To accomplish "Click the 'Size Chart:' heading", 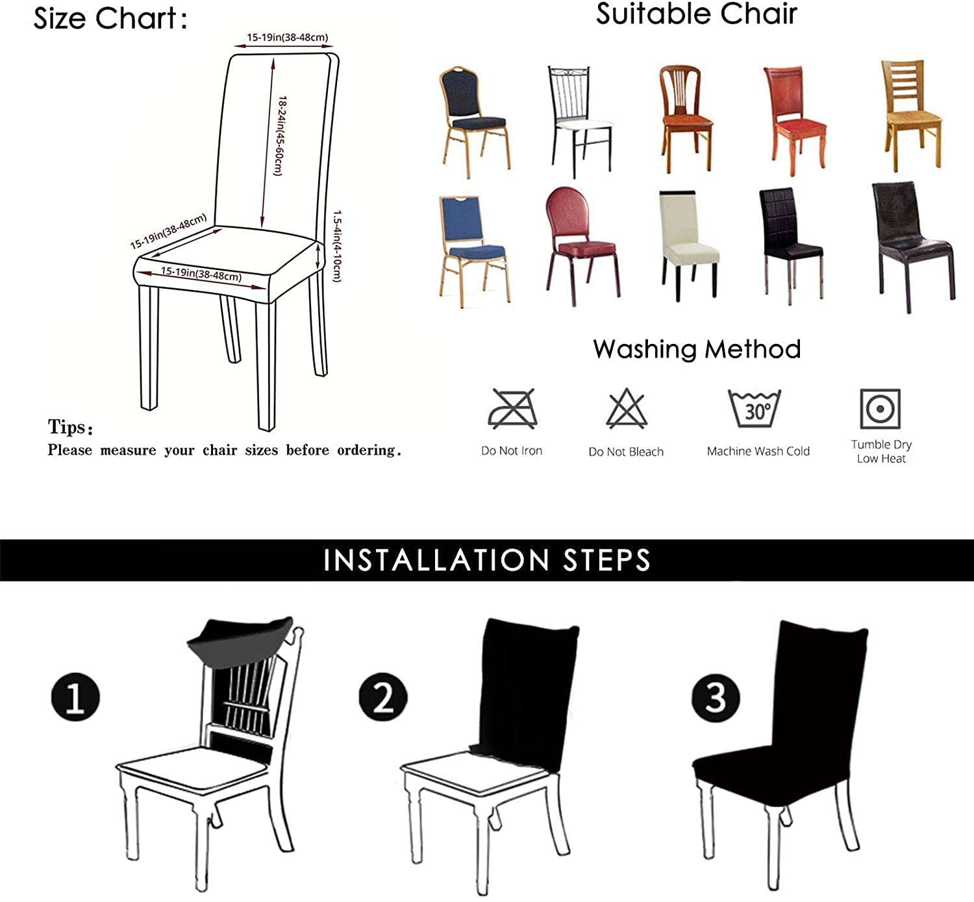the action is tap(110, 19).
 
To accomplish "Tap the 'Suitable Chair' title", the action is tap(697, 14).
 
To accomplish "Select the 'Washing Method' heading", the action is tap(697, 349).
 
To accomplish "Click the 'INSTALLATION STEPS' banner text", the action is tap(487, 560).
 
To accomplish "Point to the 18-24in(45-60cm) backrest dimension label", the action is tap(280, 136).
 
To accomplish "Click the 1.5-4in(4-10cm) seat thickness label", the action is tap(337, 246).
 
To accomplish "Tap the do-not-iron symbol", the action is tap(512, 409).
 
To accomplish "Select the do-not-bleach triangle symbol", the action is tap(627, 408).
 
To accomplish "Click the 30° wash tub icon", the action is tap(755, 408).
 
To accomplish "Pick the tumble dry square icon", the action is tap(880, 408).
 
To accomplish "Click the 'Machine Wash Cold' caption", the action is tap(758, 451).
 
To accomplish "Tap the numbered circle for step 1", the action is tap(75, 696).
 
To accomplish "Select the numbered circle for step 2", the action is tap(383, 696).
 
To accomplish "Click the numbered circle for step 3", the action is tap(716, 698).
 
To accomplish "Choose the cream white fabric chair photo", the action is tap(689, 245).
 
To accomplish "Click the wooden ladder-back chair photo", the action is tap(912, 116).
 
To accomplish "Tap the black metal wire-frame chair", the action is tap(580, 121).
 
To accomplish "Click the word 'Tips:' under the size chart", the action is tap(70, 427).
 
